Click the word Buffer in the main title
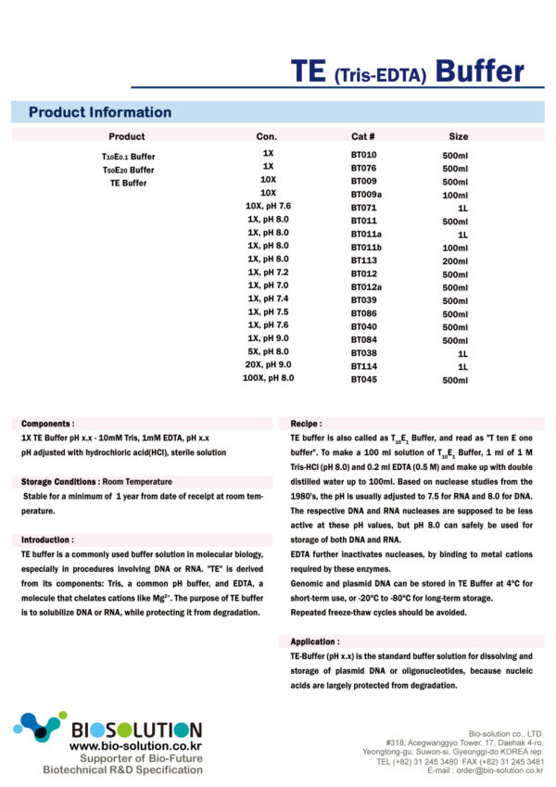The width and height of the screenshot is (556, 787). pos(479,71)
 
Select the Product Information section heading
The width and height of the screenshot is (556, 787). pos(100,112)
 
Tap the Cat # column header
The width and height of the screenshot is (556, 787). pos(362,136)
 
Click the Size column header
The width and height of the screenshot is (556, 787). pos(459,136)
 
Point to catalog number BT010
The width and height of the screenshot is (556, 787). pos(363,155)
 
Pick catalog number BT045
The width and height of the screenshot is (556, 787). pos(363,380)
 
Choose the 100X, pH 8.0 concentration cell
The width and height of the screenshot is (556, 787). pos(268,378)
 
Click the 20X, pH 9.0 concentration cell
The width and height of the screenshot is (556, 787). pos(268,365)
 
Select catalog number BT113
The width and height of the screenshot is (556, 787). pos(363,261)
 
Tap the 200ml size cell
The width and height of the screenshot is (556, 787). pos(455,261)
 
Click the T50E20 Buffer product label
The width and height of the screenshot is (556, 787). pos(128,170)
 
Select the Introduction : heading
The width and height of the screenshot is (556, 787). pos(47,539)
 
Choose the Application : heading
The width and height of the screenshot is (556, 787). pos(316,641)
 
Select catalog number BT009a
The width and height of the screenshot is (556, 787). pos(366,195)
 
